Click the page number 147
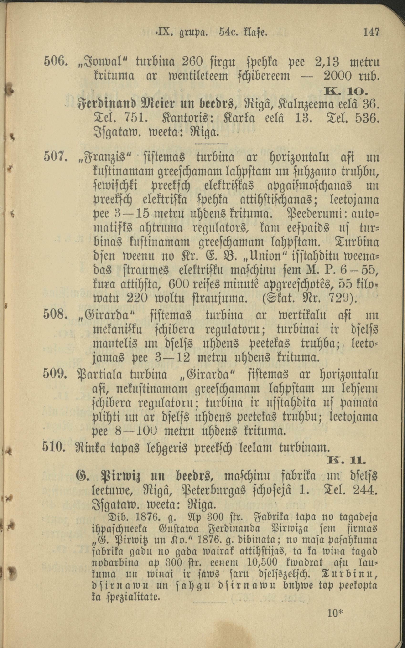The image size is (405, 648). click(x=371, y=33)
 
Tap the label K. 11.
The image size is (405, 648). click(x=347, y=461)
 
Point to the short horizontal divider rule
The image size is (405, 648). click(x=211, y=144)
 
